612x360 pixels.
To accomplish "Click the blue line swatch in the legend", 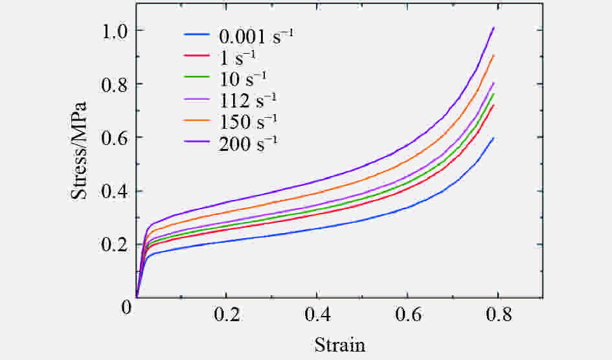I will pyautogui.click(x=197, y=36).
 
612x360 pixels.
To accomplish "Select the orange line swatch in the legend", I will pyautogui.click(x=197, y=122).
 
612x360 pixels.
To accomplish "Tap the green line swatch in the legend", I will pyautogui.click(x=197, y=79).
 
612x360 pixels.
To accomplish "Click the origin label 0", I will pyautogui.click(x=127, y=306).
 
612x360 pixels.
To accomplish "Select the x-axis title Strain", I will pyautogui.click(x=340, y=344).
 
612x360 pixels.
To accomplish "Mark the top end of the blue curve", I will pyautogui.click(x=494, y=138).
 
